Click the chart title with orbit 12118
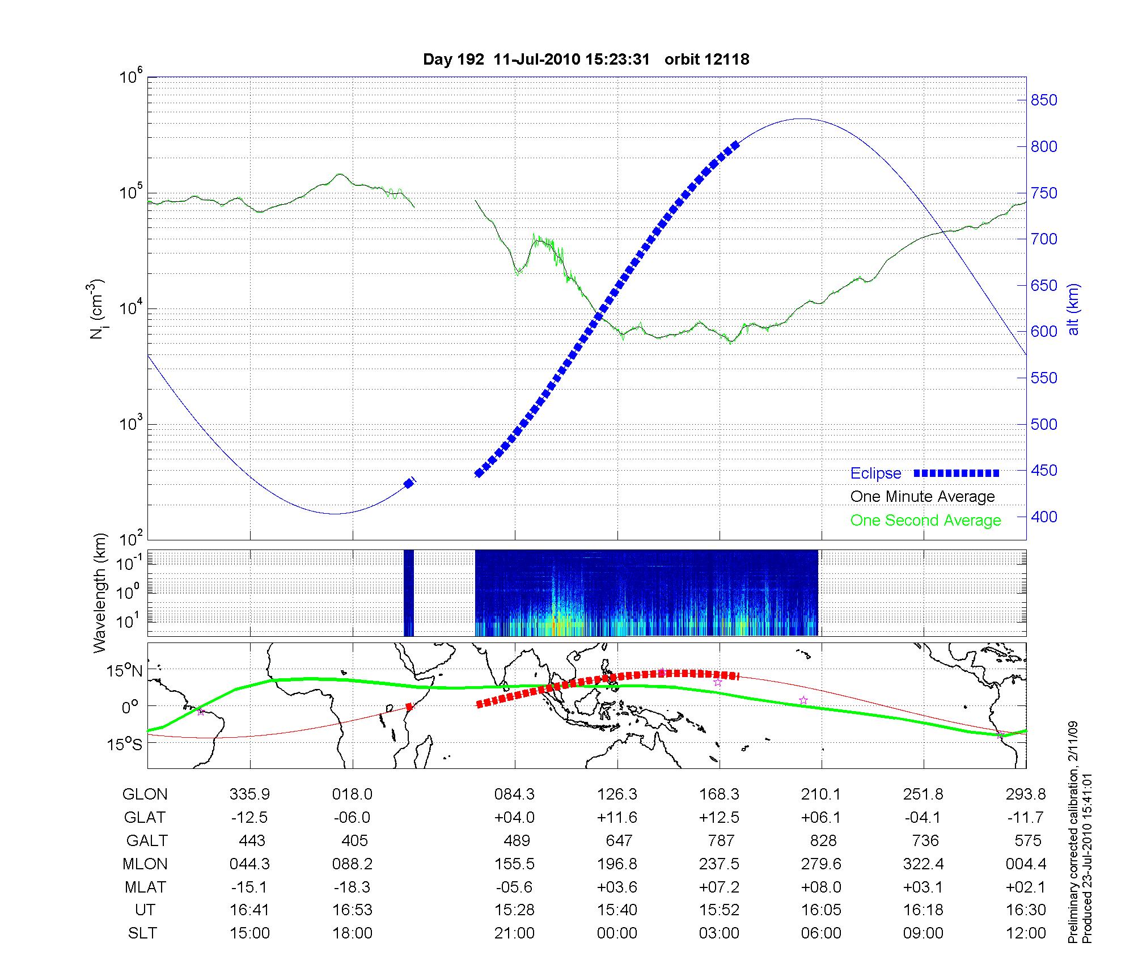(x=586, y=59)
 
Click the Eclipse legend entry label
(x=875, y=473)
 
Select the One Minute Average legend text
(x=923, y=497)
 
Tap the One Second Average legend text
(x=925, y=521)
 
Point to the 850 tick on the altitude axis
(x=1044, y=100)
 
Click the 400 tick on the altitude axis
(x=1044, y=517)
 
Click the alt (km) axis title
(x=1073, y=309)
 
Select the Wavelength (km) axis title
(x=100, y=593)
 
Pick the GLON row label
(x=145, y=794)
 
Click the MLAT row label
(x=145, y=887)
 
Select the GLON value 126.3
(x=617, y=794)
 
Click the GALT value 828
(x=823, y=840)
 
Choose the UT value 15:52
(x=720, y=910)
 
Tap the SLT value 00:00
(x=617, y=933)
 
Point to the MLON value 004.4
(x=1026, y=864)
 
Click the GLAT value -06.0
(x=352, y=817)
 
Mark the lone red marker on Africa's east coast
(x=409, y=707)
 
